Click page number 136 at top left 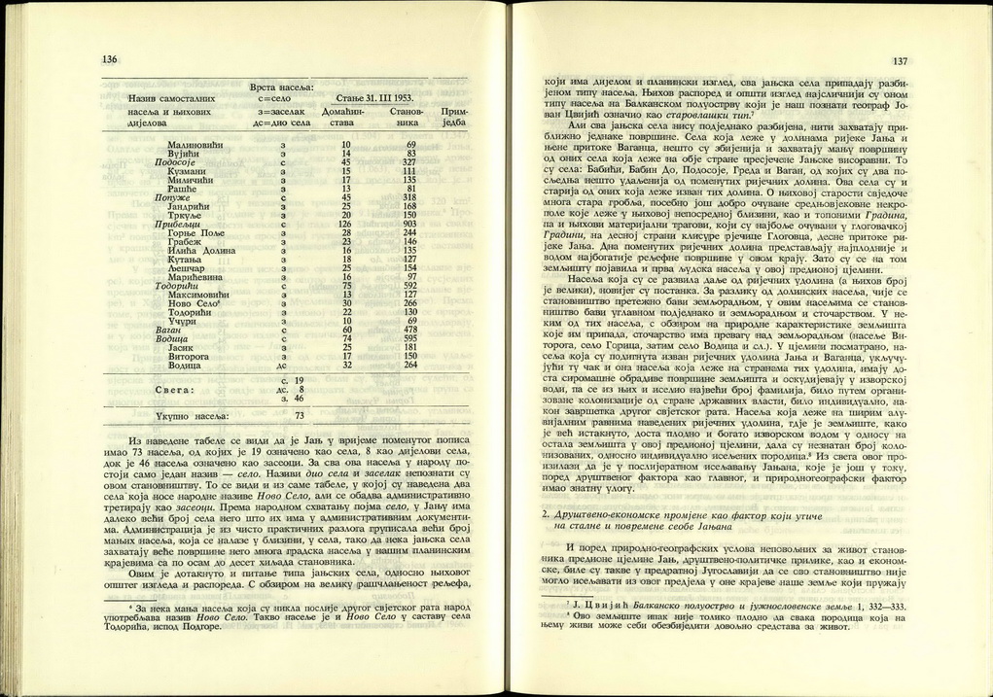109,60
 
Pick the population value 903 409,224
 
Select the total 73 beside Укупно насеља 301,415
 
